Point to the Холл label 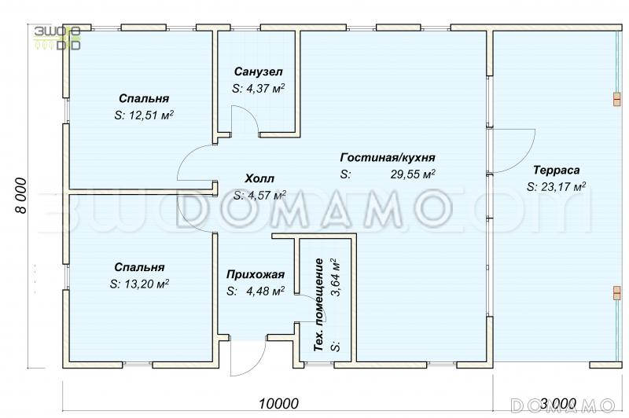coord(260,178)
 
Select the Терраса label coord(556,170)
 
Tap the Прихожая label coord(255,274)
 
